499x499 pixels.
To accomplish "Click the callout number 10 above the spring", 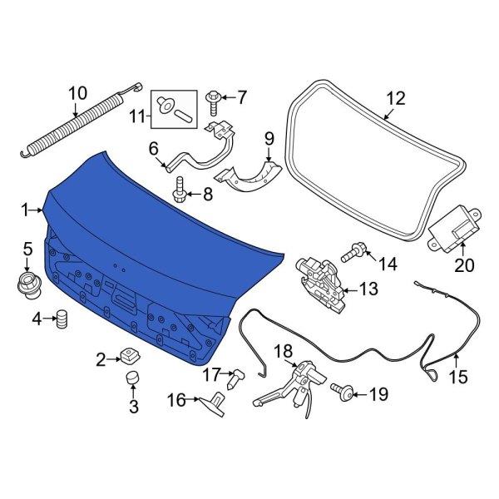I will click(x=77, y=93).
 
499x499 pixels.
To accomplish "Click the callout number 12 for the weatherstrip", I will click(x=395, y=99).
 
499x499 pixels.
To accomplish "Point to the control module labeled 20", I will click(x=454, y=225).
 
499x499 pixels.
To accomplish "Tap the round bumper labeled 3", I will click(x=133, y=381).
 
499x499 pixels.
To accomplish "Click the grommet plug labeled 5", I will click(x=27, y=281).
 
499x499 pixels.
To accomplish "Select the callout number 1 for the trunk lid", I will click(x=25, y=210).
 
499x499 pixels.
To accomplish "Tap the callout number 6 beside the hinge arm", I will click(x=153, y=149).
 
